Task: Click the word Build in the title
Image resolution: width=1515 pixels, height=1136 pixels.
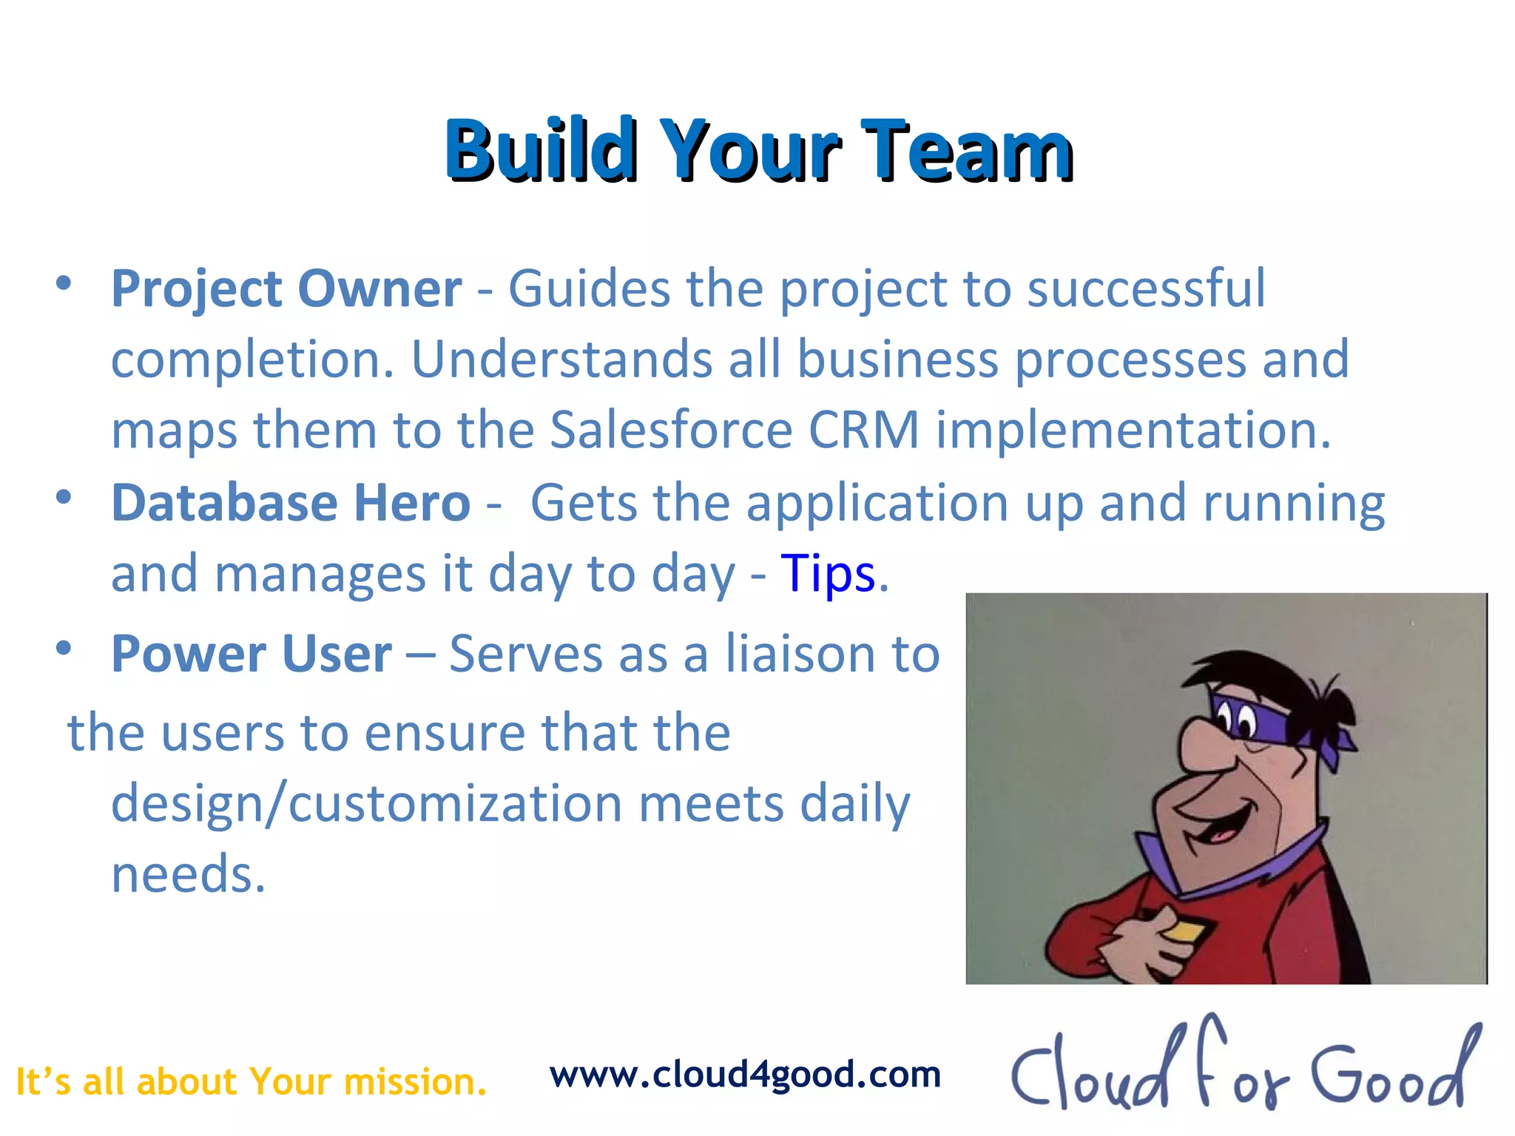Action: point(541,150)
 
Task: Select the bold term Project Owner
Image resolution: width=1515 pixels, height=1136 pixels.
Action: point(286,288)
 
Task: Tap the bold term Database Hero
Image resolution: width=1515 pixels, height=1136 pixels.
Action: point(291,503)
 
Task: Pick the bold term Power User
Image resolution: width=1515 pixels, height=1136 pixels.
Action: point(252,655)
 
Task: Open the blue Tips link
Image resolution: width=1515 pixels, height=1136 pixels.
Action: point(828,575)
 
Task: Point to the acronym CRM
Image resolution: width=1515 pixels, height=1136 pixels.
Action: point(864,430)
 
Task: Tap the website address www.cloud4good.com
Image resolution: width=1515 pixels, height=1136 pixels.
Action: point(745,1075)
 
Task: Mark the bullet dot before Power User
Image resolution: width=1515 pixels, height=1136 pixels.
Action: point(64,649)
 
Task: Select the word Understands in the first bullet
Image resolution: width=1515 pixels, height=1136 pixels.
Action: point(561,359)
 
